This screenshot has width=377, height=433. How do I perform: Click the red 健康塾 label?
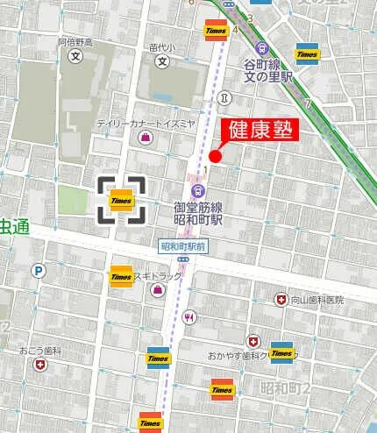click(x=260, y=130)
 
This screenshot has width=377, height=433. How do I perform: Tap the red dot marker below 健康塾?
click(x=215, y=157)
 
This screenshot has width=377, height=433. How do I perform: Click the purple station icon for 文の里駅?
click(x=261, y=49)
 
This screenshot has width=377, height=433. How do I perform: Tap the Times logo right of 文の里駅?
click(x=307, y=53)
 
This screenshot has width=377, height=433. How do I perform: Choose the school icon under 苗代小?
click(x=161, y=62)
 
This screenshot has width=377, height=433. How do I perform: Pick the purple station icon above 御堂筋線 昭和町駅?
click(x=198, y=190)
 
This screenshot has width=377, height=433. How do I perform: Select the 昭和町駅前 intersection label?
click(x=182, y=247)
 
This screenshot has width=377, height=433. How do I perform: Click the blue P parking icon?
click(x=38, y=272)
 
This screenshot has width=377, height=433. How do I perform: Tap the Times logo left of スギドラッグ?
click(x=121, y=276)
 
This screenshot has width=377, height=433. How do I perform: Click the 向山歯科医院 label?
click(x=317, y=300)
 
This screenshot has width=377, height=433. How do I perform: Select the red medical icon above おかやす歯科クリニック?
click(x=253, y=340)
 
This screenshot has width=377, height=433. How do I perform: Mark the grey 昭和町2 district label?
click(x=286, y=387)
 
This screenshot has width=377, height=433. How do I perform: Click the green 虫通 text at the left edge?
click(x=14, y=227)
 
